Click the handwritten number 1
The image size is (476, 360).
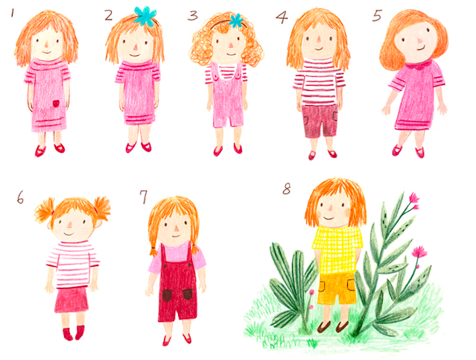[x=13, y=13]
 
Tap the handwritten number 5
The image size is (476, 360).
[x=377, y=16]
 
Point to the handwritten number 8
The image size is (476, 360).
[x=287, y=189]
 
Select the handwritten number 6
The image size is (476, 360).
[x=20, y=198]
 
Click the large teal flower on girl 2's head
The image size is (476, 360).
[x=145, y=15]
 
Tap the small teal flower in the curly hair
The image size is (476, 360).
[x=236, y=21]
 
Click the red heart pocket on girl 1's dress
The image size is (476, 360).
[x=56, y=104]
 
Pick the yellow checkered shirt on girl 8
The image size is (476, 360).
[x=337, y=250]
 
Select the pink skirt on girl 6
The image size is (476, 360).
[x=72, y=299]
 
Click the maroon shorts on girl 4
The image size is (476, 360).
[x=320, y=121]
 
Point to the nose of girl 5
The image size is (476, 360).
[x=420, y=40]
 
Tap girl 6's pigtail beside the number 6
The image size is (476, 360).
[x=44, y=209]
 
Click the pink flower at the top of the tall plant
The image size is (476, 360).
[x=413, y=198]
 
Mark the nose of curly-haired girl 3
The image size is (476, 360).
[x=230, y=45]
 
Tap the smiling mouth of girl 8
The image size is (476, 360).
[x=329, y=218]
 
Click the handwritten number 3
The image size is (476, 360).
[x=192, y=16]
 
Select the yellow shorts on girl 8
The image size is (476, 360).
[x=337, y=288]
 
